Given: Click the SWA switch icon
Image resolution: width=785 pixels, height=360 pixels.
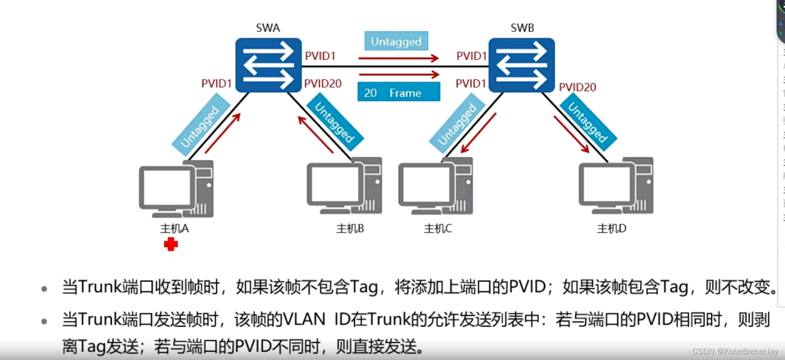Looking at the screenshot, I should click(x=268, y=65).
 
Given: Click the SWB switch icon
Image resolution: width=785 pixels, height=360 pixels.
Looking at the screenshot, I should click(x=522, y=65).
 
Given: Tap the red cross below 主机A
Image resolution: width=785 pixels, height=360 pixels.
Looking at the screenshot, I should click(x=171, y=244).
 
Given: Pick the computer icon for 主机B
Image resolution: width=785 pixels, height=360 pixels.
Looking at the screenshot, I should click(x=344, y=186).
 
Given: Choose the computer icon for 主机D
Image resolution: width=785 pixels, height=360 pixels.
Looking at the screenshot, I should click(x=616, y=186).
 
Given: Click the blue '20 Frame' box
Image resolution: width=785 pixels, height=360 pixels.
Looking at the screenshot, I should click(x=399, y=92).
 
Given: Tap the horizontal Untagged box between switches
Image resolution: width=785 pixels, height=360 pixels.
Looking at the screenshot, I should click(x=396, y=41).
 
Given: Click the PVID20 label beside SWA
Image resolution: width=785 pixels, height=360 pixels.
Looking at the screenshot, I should click(x=323, y=83).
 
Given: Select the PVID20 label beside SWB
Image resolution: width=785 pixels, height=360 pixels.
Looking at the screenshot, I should click(x=577, y=87).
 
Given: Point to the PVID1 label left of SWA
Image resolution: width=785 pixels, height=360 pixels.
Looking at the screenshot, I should click(x=216, y=83).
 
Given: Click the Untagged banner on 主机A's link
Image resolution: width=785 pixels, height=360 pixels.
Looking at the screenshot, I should click(x=200, y=126).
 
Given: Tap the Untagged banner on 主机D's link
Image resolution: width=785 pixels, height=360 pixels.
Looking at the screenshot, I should click(x=588, y=123).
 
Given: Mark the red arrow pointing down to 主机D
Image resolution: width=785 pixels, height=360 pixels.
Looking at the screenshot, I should click(x=571, y=134).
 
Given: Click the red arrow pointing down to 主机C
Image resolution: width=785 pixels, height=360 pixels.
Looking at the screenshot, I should click(x=478, y=133).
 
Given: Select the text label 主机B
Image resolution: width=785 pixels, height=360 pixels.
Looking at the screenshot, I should click(x=350, y=229).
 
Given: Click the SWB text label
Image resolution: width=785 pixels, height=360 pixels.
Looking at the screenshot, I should click(x=522, y=28).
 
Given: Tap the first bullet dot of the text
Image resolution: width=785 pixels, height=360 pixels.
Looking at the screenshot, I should click(x=44, y=289).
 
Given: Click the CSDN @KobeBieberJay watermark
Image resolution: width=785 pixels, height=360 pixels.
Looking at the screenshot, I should click(x=734, y=352).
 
